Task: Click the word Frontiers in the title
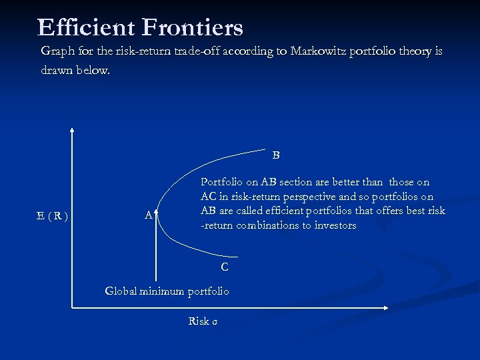point(192,27)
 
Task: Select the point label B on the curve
point(276,155)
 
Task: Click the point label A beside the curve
point(148,215)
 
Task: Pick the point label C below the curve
point(225,267)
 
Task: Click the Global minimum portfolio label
point(167,291)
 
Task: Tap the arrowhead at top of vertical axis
point(72,131)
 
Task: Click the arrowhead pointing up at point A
point(156,209)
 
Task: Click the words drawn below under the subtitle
point(75,69)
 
